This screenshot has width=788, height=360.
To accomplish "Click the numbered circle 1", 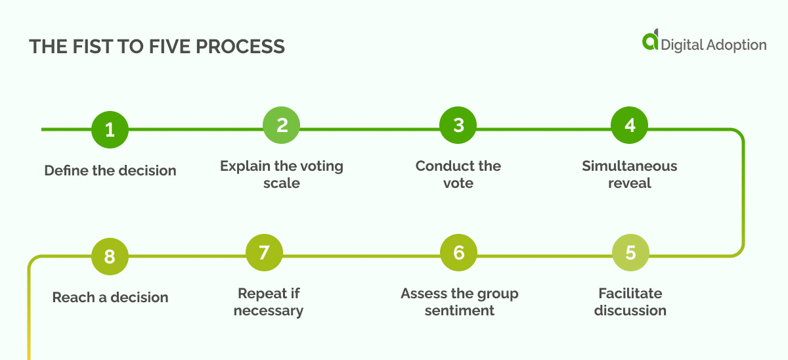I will pyautogui.click(x=110, y=129).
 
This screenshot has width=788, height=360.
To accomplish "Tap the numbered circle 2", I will pyautogui.click(x=282, y=125).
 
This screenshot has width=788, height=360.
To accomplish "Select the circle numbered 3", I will pyautogui.click(x=458, y=125).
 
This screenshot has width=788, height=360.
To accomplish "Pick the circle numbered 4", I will pyautogui.click(x=630, y=125).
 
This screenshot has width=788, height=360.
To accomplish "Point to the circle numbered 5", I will pyautogui.click(x=630, y=253).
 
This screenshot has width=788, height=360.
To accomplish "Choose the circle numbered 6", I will pyautogui.click(x=458, y=253).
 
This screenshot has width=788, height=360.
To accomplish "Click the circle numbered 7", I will pyautogui.click(x=264, y=253).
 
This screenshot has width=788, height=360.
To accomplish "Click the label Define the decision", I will pyautogui.click(x=110, y=171).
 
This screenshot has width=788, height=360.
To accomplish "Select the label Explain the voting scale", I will pyautogui.click(x=282, y=174).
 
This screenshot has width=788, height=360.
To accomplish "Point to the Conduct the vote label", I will pyautogui.click(x=458, y=174).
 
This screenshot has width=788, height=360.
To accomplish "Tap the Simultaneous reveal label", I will pyautogui.click(x=630, y=174).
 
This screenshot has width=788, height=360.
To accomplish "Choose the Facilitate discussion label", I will pyautogui.click(x=630, y=302).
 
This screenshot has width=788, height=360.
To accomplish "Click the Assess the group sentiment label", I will pyautogui.click(x=460, y=302).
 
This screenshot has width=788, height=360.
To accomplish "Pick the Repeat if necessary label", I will pyautogui.click(x=269, y=302).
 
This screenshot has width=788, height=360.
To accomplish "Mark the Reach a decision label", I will pyautogui.click(x=110, y=298).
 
